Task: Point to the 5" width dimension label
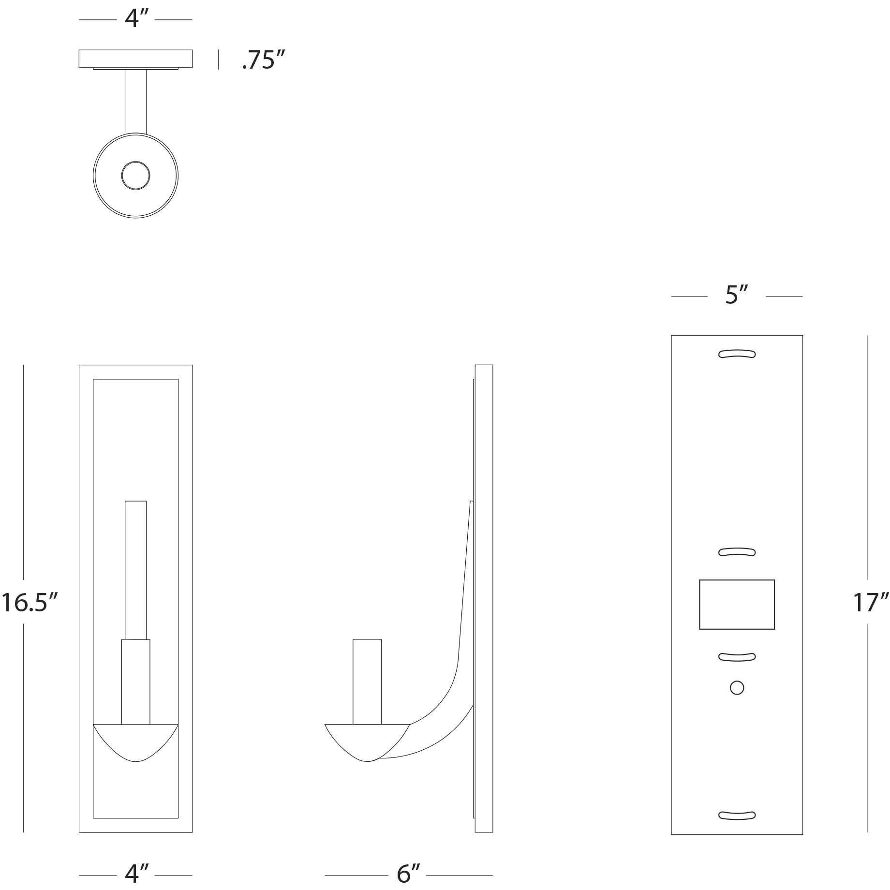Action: tap(737, 296)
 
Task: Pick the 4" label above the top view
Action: tap(136, 19)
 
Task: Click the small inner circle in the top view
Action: tap(135, 175)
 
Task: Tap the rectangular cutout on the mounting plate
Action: tap(737, 605)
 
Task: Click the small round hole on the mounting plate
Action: tap(737, 688)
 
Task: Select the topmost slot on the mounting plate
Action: tap(737, 354)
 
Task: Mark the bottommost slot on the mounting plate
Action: tap(737, 815)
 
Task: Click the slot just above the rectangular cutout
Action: tap(737, 552)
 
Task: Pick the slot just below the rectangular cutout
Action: tap(737, 656)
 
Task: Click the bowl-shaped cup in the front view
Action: tap(135, 742)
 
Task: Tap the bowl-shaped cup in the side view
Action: tap(368, 742)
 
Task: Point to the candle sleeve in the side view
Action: tap(367, 682)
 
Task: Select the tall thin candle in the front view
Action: tap(135, 570)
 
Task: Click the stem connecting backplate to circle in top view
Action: tap(135, 102)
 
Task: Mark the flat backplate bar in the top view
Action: tap(135, 59)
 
